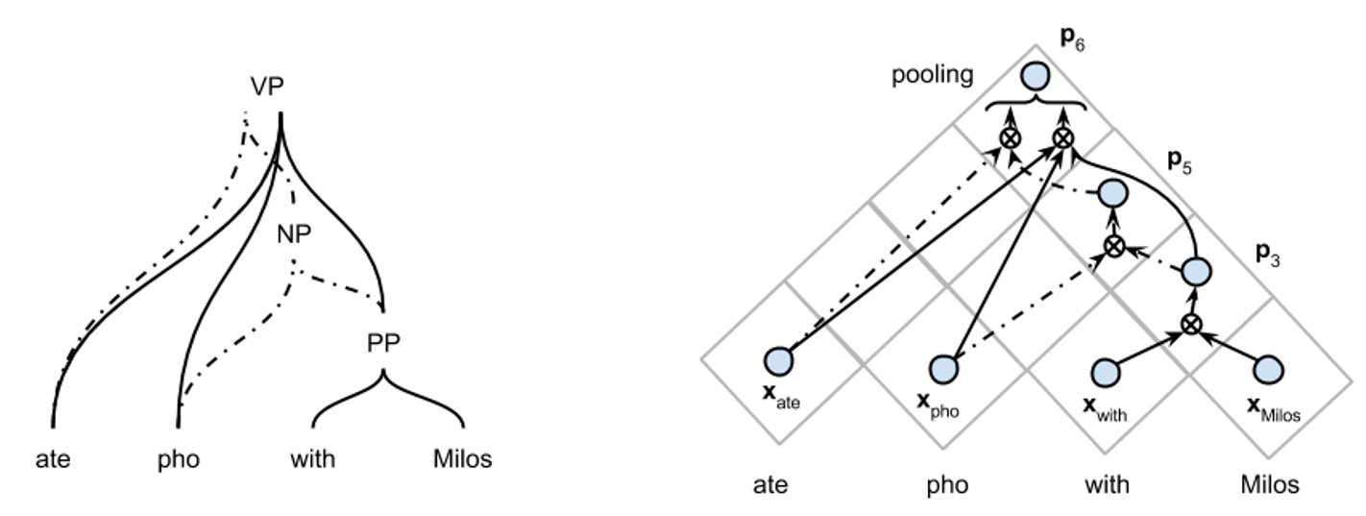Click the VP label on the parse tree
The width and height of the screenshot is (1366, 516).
coord(267,86)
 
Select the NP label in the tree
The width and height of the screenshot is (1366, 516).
coord(294,235)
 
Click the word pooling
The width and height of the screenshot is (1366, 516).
coord(932,75)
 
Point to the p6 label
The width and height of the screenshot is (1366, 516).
coord(1072,39)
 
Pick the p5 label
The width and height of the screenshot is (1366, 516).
coord(1181,160)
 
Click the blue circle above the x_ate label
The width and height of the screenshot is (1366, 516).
coord(779,361)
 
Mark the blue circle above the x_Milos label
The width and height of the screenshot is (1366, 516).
coord(1269,369)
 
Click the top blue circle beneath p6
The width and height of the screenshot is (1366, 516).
coord(1035,75)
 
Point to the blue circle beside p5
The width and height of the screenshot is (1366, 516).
coord(1112,194)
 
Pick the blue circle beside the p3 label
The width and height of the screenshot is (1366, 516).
coord(1194,272)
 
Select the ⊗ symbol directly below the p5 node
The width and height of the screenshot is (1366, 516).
coord(1112,246)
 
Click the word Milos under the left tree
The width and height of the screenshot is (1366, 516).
coord(462,459)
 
